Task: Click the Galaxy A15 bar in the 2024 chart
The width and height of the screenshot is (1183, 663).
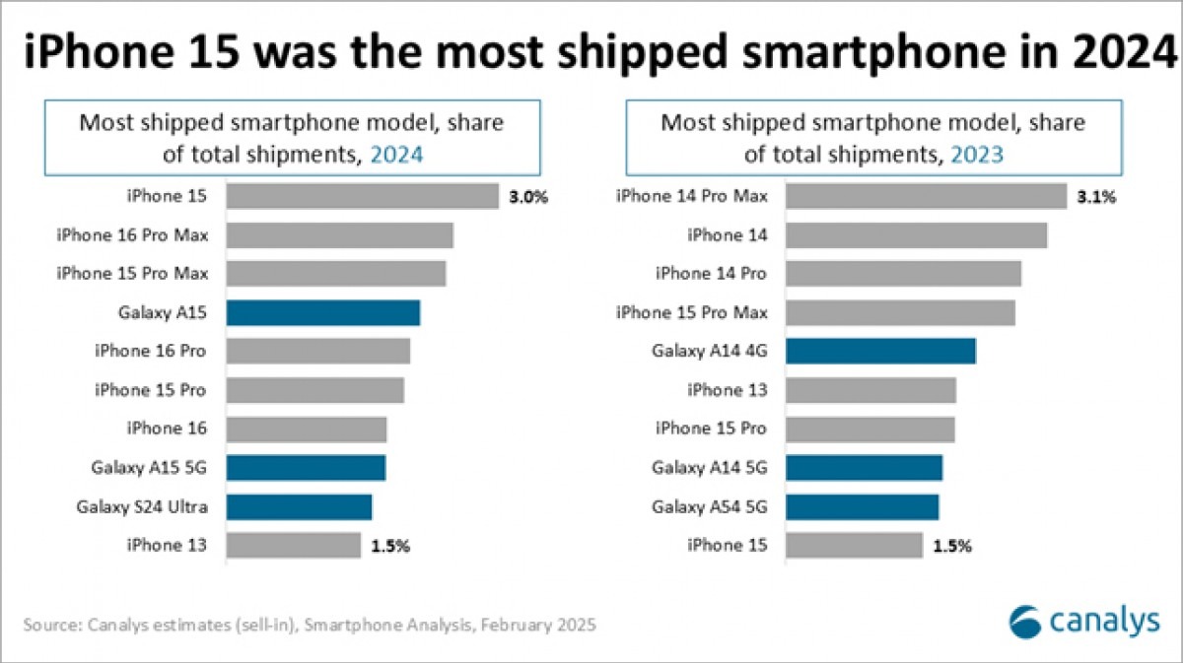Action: pyautogui.click(x=323, y=313)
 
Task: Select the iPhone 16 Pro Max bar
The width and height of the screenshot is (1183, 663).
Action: pyautogui.click(x=339, y=235)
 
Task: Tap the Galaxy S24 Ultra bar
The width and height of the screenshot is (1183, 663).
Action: pyautogui.click(x=299, y=507)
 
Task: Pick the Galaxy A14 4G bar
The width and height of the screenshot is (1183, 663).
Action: pyautogui.click(x=880, y=352)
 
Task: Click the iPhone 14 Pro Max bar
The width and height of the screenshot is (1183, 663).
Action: pyautogui.click(x=926, y=197)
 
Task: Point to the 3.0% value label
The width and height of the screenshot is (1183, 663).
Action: pyautogui.click(x=527, y=197)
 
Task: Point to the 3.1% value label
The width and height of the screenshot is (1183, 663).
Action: pyautogui.click(x=1096, y=197)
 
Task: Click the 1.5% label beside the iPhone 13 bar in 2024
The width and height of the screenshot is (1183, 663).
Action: pyautogui.click(x=390, y=546)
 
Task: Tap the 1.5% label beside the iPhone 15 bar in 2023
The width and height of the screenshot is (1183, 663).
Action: pyautogui.click(x=951, y=546)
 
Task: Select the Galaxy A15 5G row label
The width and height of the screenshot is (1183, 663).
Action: pyautogui.click(x=149, y=468)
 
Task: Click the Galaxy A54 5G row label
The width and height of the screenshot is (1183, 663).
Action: pyautogui.click(x=709, y=507)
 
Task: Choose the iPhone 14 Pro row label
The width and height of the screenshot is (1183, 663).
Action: pyautogui.click(x=711, y=274)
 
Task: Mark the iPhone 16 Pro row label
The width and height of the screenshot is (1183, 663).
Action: pyautogui.click(x=150, y=352)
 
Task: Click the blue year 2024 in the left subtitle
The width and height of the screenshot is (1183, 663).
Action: pyautogui.click(x=395, y=154)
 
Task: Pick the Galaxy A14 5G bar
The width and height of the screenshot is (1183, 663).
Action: pyautogui.click(x=864, y=468)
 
